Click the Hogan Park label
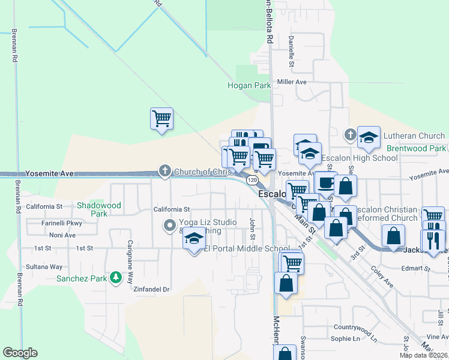[x=249, y=85]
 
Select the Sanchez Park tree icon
[x=129, y=278]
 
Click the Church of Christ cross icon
[x=164, y=172]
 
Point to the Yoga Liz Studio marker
[x=169, y=226]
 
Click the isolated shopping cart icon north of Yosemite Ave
[x=161, y=118]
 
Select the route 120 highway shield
[x=252, y=180]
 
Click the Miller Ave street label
[x=292, y=82]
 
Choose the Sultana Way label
[x=44, y=266]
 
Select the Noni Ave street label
[x=62, y=235]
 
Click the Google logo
[x=20, y=353]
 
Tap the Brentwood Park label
[x=416, y=148]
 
